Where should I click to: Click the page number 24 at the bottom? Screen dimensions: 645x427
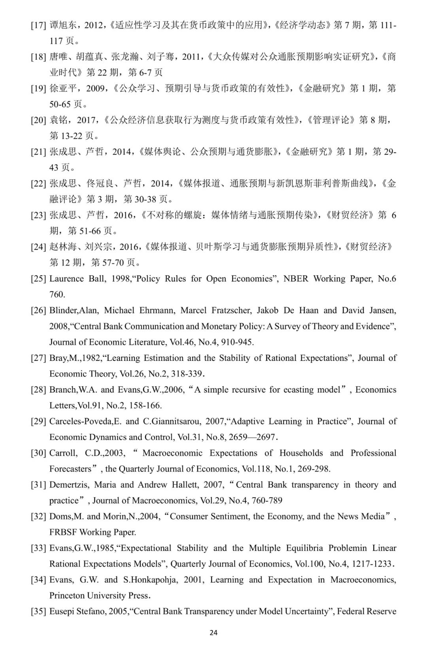(x=213, y=632)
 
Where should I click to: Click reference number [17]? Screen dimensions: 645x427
(x=38, y=25)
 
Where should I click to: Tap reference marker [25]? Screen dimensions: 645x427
(x=38, y=279)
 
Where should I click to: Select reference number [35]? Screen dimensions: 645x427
(x=38, y=611)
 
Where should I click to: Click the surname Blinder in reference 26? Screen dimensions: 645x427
(x=63, y=310)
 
